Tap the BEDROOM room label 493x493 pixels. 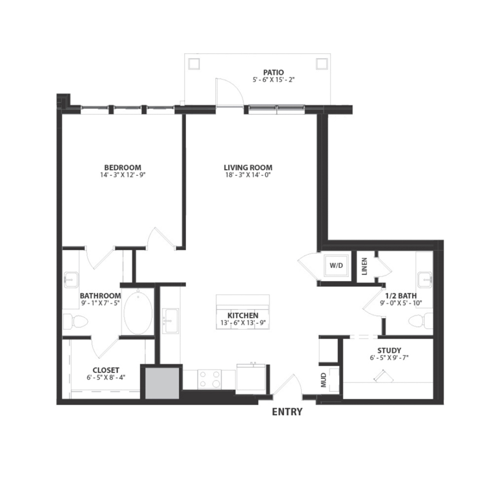123,168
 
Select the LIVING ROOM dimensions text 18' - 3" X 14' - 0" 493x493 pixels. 248,175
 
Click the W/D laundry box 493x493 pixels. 336,266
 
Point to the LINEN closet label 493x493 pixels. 365,266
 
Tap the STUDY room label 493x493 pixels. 389,351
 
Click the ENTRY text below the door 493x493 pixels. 287,412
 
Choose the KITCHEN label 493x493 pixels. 243,316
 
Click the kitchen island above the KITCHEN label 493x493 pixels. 243,302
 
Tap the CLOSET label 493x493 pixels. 106,370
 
